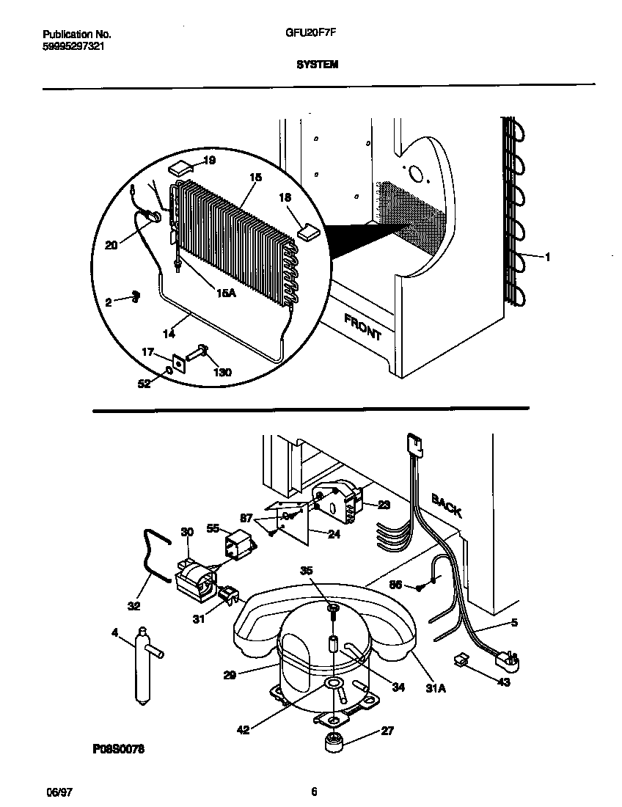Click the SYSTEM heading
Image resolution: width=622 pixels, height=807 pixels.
(316, 65)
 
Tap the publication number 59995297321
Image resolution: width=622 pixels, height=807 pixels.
(68, 45)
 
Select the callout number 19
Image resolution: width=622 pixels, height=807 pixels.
(209, 160)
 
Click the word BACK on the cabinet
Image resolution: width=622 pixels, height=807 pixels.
(447, 505)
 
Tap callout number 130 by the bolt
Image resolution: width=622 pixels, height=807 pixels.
(222, 372)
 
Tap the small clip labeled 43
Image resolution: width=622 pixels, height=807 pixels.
(461, 661)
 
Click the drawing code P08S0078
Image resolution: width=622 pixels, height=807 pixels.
(118, 749)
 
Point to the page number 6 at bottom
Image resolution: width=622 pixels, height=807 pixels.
(314, 792)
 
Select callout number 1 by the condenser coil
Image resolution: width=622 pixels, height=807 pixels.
(546, 256)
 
